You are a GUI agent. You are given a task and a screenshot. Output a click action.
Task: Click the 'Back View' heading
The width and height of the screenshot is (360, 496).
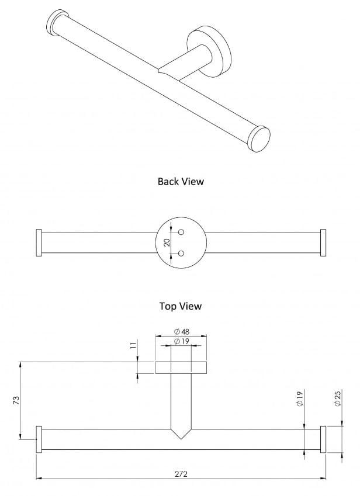coord(181,181)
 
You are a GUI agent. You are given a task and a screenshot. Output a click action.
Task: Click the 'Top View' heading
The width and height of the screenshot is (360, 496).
coord(181,306)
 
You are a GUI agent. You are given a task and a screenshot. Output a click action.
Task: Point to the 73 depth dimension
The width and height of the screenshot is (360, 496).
coord(16,400)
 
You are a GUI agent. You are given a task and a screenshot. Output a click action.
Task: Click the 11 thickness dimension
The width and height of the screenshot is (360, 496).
coord(133,346)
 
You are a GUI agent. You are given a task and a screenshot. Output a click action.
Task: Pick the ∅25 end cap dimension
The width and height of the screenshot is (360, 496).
coord(337,400)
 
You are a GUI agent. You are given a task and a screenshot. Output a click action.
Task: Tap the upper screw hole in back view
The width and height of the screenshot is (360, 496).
coord(181,232)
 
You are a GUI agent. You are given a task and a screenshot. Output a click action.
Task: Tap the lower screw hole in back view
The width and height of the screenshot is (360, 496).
coord(181,253)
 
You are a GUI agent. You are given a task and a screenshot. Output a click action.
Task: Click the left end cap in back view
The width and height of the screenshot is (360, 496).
coord(39,242)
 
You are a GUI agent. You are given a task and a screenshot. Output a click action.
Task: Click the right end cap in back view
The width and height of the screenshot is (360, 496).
coord(323,242)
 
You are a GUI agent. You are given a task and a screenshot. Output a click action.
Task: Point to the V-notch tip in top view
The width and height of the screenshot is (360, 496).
coord(181,439)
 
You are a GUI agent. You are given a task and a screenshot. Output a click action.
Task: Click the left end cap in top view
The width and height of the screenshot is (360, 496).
coord(39,439)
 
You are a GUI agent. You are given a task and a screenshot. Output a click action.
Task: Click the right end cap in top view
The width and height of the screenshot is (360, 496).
coord(323,439)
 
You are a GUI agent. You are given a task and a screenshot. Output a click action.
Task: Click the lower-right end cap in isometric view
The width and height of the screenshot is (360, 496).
coord(258,138)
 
